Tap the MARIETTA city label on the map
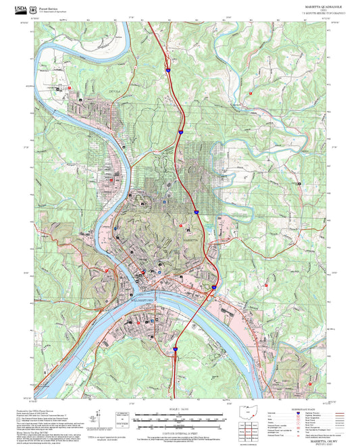[192, 240]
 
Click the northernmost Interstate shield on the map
[165, 69]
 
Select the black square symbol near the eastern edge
[298, 183]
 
